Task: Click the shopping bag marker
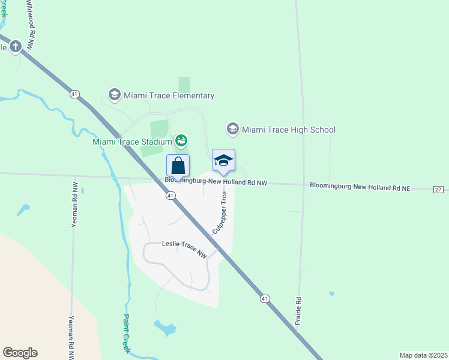tap(178, 165)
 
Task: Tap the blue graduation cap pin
tap(223, 160)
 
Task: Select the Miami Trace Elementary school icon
tap(114, 95)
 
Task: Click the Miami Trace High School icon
tap(232, 129)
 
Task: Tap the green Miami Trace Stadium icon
tap(181, 141)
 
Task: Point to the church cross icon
tap(15, 46)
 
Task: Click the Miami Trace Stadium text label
tap(132, 142)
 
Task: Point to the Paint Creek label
tap(127, 333)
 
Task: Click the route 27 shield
tap(438, 189)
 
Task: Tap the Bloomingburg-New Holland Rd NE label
tap(360, 187)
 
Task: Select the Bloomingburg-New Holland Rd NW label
tap(216, 181)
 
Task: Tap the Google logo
tap(20, 353)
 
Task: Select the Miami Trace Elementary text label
tap(169, 95)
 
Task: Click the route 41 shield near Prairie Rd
tap(265, 298)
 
